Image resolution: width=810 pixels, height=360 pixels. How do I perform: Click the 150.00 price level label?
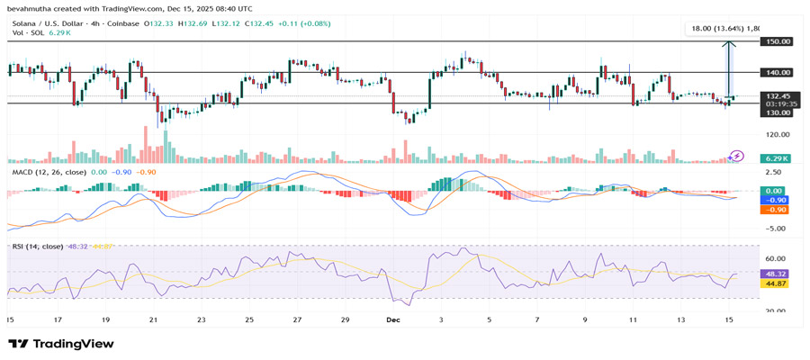[778, 41]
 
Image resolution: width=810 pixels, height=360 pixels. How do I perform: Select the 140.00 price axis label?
[778, 72]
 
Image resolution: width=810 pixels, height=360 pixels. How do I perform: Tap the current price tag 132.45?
[778, 95]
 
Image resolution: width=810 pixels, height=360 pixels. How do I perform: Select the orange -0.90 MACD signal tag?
[775, 210]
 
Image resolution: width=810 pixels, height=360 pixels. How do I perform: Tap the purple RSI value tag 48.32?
[776, 273]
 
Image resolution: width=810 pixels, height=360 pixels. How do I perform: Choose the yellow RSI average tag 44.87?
[776, 283]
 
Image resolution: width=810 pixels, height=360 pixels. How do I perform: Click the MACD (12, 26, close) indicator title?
[49, 172]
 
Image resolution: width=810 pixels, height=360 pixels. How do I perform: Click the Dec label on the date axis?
[392, 319]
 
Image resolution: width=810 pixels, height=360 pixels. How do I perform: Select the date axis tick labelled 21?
[153, 319]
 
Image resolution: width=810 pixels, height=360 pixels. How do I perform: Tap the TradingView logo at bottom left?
[61, 344]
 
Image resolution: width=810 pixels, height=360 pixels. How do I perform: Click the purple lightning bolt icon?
[737, 157]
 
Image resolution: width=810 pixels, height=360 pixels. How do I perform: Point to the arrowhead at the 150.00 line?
[728, 44]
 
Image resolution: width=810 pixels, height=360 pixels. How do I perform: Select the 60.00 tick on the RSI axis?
[776, 258]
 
